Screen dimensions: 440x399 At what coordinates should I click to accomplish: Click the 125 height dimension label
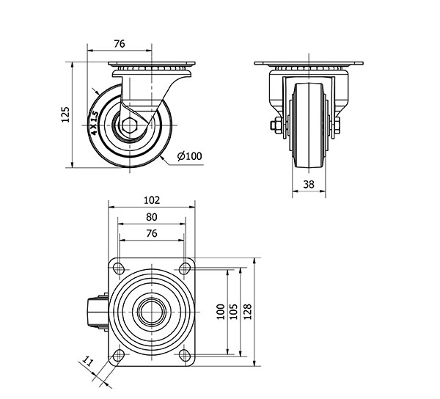[65, 114]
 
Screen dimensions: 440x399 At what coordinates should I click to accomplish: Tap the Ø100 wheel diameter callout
[189, 156]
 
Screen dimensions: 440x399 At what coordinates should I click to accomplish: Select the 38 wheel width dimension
[309, 184]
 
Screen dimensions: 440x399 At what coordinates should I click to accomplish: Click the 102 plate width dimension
[152, 200]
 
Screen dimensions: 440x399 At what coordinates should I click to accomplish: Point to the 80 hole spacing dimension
[152, 217]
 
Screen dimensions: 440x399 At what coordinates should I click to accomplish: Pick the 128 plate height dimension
[248, 312]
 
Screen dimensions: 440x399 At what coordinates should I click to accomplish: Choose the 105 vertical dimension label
[234, 312]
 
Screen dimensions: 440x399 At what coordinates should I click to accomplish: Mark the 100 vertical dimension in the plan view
[221, 312]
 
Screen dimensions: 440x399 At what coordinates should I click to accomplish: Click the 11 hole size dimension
[87, 362]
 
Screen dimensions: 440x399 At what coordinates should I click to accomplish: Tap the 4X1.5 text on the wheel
[94, 123]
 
